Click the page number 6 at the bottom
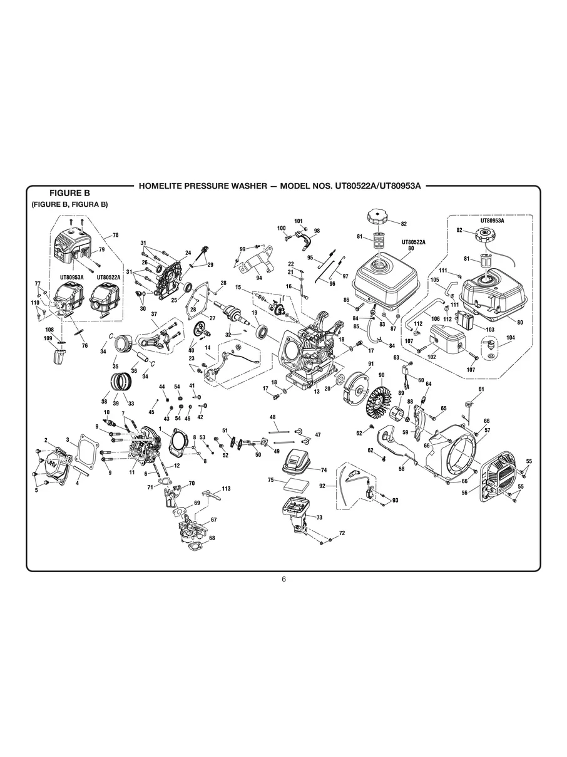[x=283, y=579]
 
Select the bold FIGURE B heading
[x=70, y=194]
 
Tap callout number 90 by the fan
[x=381, y=375]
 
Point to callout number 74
[x=324, y=469]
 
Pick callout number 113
[x=226, y=488]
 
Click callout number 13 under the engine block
[x=317, y=392]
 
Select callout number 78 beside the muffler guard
[x=115, y=236]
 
